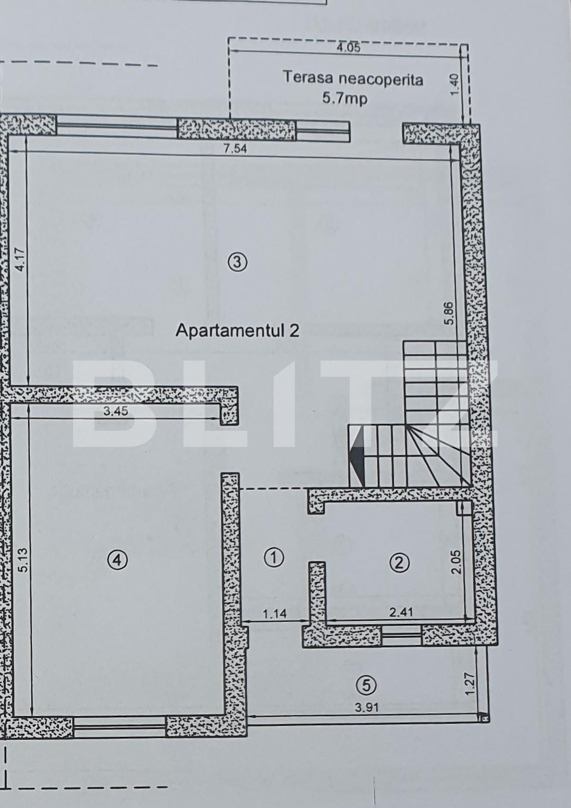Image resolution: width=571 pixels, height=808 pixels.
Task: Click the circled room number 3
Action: [x=237, y=262]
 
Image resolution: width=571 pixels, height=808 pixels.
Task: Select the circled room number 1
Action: [x=274, y=557]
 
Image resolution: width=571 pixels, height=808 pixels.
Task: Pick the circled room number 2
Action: [x=399, y=562]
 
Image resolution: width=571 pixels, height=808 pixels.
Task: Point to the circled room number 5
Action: [x=367, y=685]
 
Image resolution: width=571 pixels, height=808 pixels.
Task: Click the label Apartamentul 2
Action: [x=237, y=331]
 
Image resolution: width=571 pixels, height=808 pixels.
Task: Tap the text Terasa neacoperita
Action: [x=353, y=79]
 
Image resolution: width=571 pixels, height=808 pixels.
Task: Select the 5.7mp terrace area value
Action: [x=345, y=98]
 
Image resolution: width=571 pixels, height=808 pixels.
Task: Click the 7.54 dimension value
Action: [x=235, y=148]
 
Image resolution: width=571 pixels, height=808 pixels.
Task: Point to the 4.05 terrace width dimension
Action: [x=349, y=47]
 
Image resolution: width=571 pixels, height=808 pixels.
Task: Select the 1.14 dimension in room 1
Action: [x=274, y=614]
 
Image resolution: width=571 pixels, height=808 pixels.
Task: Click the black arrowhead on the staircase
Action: [x=357, y=454]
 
